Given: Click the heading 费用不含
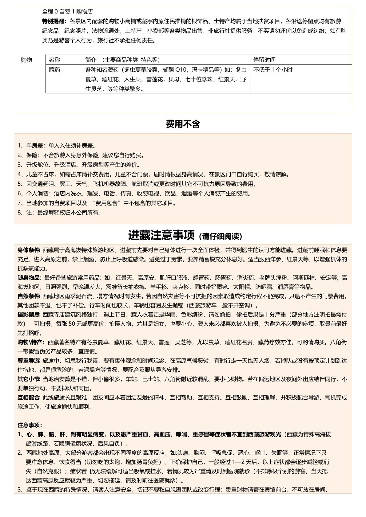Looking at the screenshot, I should click(x=183, y=124).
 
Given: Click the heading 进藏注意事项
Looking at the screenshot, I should click(x=161, y=236).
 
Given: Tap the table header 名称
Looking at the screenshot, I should click(x=54, y=60).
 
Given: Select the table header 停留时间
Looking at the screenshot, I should click(x=264, y=60).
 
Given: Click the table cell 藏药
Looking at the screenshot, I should click(x=54, y=70).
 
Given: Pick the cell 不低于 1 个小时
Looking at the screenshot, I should click(x=273, y=70).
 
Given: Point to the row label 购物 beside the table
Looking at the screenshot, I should click(x=26, y=60).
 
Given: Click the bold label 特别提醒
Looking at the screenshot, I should click(x=54, y=22).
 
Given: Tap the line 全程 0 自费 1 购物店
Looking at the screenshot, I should click(x=67, y=12).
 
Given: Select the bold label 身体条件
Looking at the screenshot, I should click(x=29, y=250).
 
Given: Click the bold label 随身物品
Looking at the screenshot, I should click(x=29, y=278).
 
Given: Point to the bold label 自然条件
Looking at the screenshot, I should click(x=29, y=296).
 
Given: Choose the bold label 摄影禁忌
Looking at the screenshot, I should click(x=29, y=315).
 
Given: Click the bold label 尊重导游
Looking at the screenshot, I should click(x=29, y=361).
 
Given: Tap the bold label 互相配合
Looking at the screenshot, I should click(x=29, y=398).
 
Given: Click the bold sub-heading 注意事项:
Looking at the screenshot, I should click(x=30, y=425).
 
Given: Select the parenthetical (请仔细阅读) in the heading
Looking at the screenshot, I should click(x=220, y=237).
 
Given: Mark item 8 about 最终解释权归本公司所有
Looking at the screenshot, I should click(x=59, y=213).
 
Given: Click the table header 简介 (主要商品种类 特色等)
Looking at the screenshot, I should click(x=122, y=60).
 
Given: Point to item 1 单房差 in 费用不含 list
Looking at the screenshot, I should click(x=57, y=146).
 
